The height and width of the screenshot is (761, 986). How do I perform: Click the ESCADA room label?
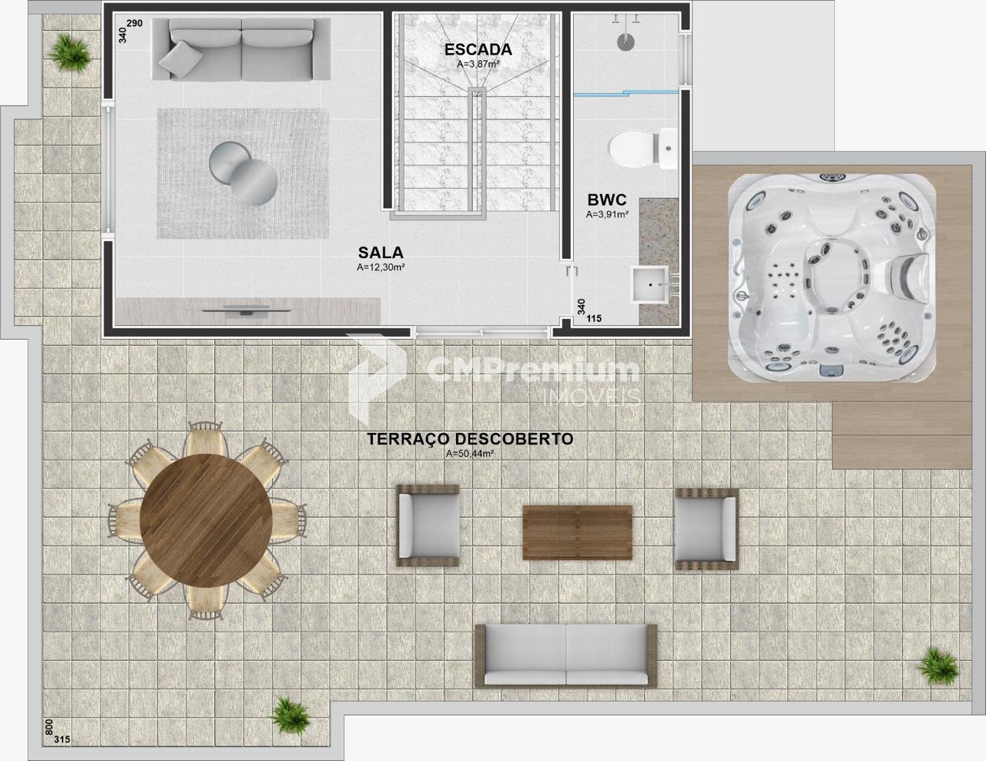point(478,49)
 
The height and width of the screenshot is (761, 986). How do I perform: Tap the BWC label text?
point(607,199)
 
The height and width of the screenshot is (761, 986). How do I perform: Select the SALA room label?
point(381,253)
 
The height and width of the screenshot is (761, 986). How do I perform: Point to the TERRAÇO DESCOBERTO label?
point(470,439)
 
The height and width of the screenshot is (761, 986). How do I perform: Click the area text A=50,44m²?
point(470,453)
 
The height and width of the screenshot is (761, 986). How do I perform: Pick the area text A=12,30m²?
point(381,267)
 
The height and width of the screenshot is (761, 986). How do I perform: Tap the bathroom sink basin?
point(650,284)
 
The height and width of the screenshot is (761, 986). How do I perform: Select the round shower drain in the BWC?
point(625,42)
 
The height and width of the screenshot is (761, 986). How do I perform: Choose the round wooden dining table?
point(206,520)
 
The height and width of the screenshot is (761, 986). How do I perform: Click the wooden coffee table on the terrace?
point(577,532)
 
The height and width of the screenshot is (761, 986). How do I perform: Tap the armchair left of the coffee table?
point(428,525)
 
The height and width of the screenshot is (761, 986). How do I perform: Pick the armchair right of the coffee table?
point(706,529)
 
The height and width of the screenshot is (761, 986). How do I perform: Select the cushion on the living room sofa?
point(180,59)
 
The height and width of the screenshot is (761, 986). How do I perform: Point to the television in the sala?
point(246,311)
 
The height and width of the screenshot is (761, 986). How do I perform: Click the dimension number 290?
point(134,23)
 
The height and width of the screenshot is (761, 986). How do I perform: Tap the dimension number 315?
point(62,739)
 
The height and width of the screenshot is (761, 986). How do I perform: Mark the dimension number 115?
point(594,318)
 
